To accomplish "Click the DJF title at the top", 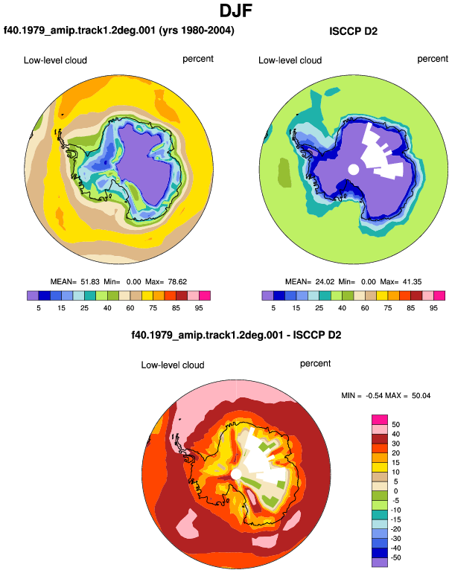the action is tap(236, 10).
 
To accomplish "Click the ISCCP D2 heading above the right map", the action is tap(353, 31).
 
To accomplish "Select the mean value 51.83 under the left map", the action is tap(90, 282).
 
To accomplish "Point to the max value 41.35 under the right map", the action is tap(412, 282).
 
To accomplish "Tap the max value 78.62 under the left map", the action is tap(177, 282).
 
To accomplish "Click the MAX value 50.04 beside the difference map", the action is tap(421, 395).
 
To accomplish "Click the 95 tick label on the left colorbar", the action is tap(199, 308).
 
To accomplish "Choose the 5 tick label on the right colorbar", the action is tap(273, 308).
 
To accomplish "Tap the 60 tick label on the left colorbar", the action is tap(130, 308).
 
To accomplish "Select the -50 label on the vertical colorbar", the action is tap(395, 557).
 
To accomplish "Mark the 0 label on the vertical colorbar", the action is tap(395, 491).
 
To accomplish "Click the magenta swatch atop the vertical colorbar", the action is tap(380, 420).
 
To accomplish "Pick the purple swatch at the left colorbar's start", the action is tap(33, 295).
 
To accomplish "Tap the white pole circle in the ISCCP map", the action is tap(354, 170).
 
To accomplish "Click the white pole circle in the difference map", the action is tap(236, 475).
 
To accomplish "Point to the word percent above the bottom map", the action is tap(315, 364).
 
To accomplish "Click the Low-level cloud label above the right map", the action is tap(290, 60).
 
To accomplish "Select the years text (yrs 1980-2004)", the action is tap(197, 30).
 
